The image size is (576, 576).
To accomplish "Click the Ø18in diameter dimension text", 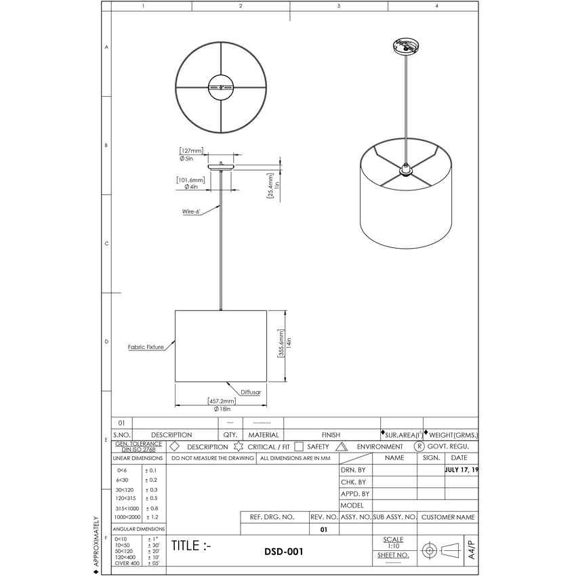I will point(222,409).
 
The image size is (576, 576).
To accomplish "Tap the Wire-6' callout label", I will point(190,211).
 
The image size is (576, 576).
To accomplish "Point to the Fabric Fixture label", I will point(146,346).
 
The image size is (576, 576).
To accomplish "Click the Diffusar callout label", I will point(249,392).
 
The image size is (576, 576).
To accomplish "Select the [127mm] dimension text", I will point(191,150).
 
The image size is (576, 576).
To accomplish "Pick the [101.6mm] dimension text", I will point(191,180).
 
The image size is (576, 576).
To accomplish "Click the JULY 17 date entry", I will point(461,470).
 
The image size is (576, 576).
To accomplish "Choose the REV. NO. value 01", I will point(323,529).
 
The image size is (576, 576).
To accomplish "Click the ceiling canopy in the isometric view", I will point(405,47).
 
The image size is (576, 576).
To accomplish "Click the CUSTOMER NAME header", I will point(448,517).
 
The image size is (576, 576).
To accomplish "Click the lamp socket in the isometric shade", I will point(405,169).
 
